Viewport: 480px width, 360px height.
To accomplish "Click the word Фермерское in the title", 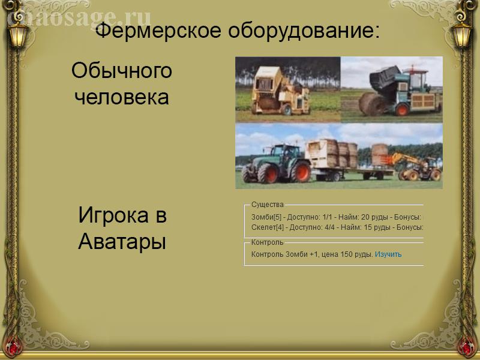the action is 158,31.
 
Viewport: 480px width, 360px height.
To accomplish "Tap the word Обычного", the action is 122,71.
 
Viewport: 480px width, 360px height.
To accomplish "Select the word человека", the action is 122,97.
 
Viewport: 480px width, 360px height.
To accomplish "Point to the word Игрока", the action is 113,215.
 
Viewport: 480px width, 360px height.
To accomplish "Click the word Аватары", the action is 122,242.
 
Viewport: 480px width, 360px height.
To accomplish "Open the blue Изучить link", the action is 388,254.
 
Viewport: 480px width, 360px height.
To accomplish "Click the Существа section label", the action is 267,205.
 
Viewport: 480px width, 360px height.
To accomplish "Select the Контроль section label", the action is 267,242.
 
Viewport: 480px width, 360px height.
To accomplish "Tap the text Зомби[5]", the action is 266,217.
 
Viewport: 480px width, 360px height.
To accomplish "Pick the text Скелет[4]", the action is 267,227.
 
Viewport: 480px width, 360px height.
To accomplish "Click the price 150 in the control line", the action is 347,254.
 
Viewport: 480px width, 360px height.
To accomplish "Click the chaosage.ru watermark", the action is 79,19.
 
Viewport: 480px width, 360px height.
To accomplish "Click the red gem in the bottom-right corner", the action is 467,347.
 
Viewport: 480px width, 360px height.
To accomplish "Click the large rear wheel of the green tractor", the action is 301,172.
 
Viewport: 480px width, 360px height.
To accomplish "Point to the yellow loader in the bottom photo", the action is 416,167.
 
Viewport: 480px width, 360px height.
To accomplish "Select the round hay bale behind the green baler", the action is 372,104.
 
